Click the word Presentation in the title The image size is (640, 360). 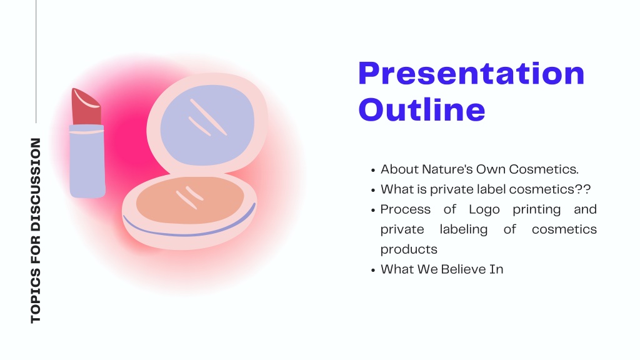point(471,74)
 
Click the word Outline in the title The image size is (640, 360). point(422,109)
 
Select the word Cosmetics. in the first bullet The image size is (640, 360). point(544,169)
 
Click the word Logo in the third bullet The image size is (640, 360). point(484,209)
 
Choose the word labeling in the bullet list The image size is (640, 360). point(463,229)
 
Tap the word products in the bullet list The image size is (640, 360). point(409,249)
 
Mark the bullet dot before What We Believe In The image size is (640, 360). point(373,270)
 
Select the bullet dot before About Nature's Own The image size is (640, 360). point(373,170)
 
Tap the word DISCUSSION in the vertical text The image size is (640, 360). point(36,184)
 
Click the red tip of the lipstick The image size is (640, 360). point(86,106)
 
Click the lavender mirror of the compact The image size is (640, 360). point(207,125)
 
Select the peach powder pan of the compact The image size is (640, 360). point(190,200)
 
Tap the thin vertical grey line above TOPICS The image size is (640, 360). point(36,61)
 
